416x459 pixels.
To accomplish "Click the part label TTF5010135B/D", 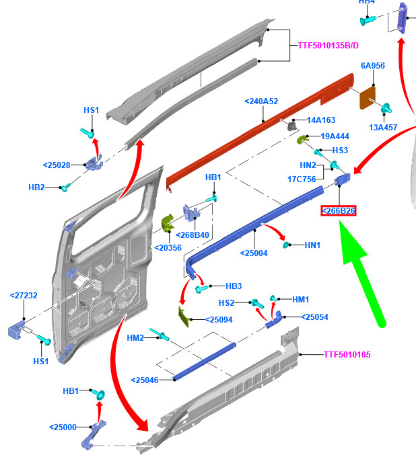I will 328,46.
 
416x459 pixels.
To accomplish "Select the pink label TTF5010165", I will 347,354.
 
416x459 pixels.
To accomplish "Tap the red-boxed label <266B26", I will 339,211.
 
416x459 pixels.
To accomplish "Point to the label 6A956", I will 372,66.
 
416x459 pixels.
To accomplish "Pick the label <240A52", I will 261,101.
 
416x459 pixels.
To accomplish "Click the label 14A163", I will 321,120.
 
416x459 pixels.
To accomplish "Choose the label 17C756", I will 302,179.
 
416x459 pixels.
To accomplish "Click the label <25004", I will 254,253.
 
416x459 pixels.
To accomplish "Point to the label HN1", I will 312,245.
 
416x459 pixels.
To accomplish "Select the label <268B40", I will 193,235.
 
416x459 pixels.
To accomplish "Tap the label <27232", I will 24,295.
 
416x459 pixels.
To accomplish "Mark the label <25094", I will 218,320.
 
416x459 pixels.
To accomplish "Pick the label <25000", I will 63,427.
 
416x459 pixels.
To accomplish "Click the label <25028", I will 57,165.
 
